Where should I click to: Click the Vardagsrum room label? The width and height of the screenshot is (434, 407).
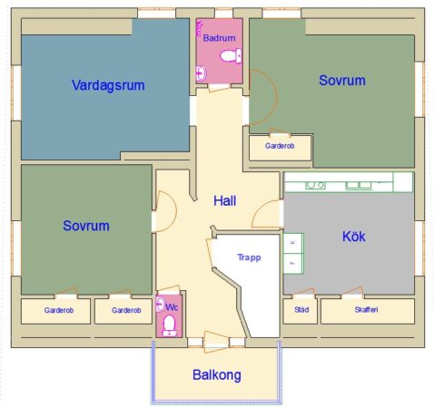(108, 85)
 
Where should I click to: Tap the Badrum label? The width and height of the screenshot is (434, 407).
(219, 38)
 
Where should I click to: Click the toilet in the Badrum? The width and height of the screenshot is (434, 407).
(231, 56)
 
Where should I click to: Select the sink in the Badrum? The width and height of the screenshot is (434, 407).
(201, 73)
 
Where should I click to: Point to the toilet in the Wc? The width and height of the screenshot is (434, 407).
(169, 326)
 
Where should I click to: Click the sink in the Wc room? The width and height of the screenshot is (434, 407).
(161, 304)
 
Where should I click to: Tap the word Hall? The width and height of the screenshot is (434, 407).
(224, 201)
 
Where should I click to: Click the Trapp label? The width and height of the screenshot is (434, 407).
(249, 257)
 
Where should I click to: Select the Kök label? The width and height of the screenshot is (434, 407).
(354, 237)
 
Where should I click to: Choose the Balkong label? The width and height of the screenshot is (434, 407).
(217, 375)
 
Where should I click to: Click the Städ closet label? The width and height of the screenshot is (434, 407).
(301, 310)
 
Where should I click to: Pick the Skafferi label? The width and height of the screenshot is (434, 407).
(366, 310)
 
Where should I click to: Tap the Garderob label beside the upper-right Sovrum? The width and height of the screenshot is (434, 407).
(280, 146)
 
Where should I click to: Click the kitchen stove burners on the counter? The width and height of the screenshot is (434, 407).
(315, 185)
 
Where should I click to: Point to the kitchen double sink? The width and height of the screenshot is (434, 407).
(359, 185)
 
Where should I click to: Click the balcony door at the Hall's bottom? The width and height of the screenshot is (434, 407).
(216, 342)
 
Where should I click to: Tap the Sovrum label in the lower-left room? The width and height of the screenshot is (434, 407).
(86, 226)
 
